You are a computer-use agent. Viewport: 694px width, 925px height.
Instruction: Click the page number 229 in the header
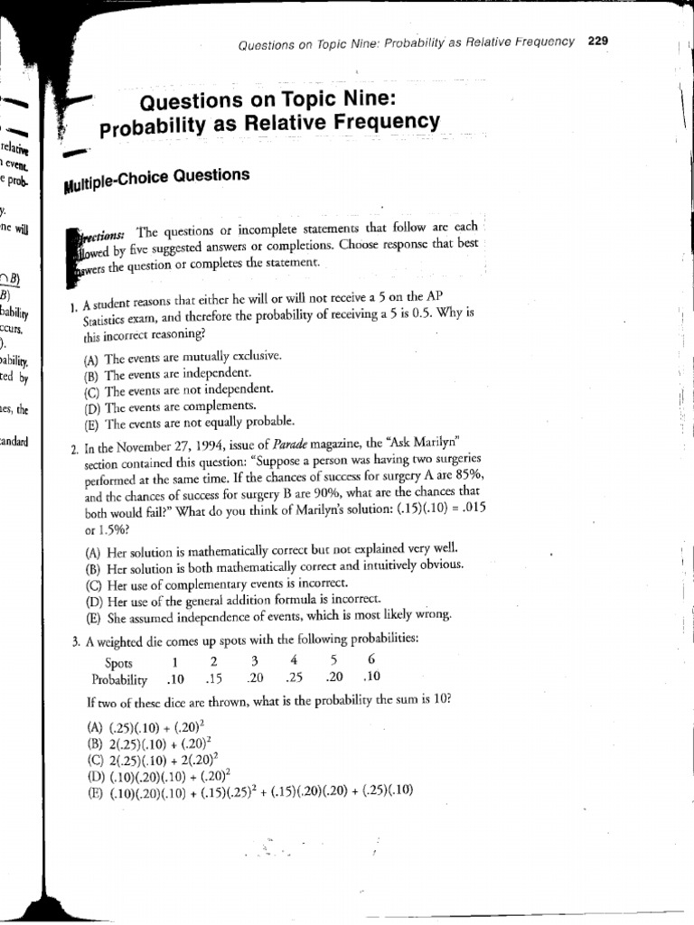pos(596,41)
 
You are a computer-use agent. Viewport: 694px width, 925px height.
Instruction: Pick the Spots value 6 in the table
pos(371,660)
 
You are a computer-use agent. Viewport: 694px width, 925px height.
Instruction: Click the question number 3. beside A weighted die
pos(77,640)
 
